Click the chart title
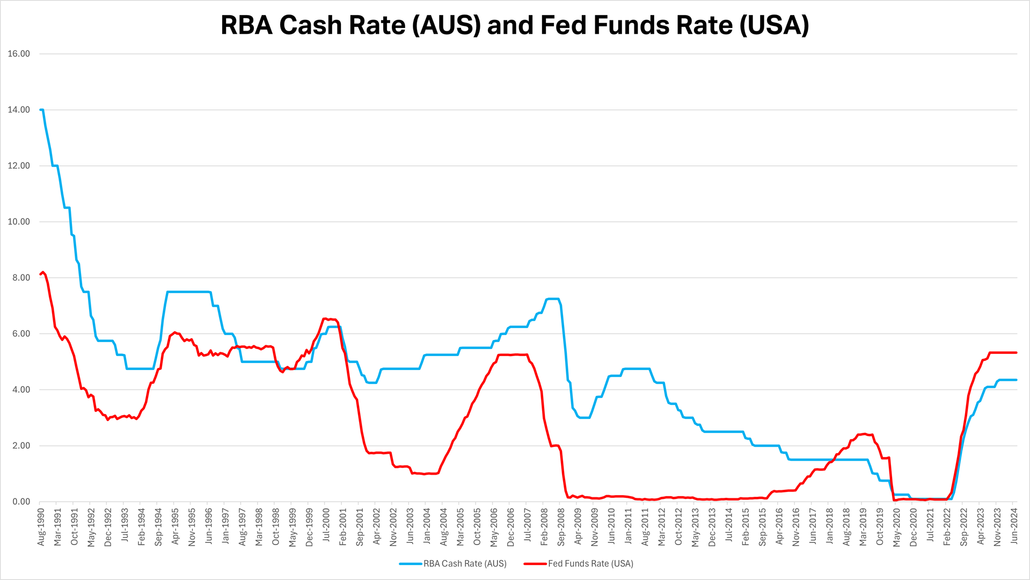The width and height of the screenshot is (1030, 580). click(x=515, y=25)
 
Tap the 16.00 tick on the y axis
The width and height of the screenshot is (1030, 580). click(x=19, y=54)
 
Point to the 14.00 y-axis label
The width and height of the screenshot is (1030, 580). click(x=19, y=110)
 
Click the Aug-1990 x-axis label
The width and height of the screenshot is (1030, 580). click(x=41, y=527)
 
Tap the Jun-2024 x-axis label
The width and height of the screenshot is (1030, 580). click(x=1014, y=527)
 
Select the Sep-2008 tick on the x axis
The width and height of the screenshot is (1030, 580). click(x=561, y=527)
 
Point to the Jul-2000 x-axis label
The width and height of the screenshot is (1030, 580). click(x=326, y=527)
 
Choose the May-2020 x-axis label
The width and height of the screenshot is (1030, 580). click(x=897, y=527)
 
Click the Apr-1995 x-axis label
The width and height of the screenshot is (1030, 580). click(x=175, y=527)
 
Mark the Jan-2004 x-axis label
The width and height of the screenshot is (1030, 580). click(x=427, y=527)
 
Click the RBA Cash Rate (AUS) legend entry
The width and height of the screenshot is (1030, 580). click(x=465, y=563)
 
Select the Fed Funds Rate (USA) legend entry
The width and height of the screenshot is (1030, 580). click(x=590, y=563)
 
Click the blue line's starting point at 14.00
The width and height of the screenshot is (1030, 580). click(x=41, y=110)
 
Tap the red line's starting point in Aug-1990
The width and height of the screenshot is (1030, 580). click(x=41, y=274)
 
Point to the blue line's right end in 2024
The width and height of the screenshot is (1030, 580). click(x=1016, y=380)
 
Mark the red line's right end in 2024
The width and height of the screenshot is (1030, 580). click(x=1016, y=352)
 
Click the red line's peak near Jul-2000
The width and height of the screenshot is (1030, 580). click(x=324, y=318)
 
